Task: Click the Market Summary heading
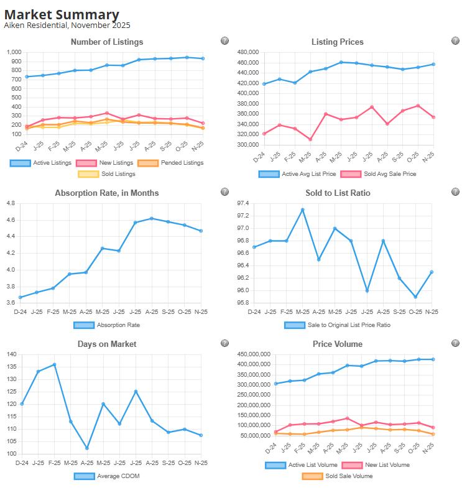pos(62,14)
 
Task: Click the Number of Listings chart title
pos(107,42)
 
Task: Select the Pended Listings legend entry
pos(176,163)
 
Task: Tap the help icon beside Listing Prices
pos(455,41)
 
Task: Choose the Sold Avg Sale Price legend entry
pos(381,174)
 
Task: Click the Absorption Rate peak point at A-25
pos(152,218)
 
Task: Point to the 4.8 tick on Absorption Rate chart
pos(11,203)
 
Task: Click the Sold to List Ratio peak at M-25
pos(303,210)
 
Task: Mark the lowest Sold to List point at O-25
pos(415,297)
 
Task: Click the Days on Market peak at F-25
pos(55,364)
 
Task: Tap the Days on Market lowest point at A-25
pos(87,448)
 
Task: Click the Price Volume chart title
pos(338,344)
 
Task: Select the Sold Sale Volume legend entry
pos(338,476)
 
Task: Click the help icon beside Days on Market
pos(224,343)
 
